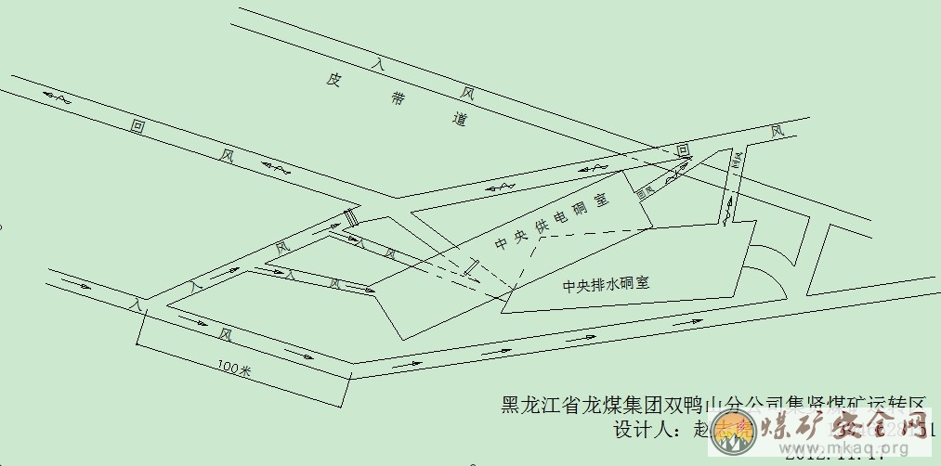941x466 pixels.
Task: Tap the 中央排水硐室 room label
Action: point(605,286)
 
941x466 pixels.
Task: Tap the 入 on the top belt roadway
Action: point(376,64)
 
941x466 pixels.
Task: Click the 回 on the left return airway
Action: point(138,127)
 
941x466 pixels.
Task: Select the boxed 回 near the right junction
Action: point(683,149)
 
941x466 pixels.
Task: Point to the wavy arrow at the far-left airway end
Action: point(53,95)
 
